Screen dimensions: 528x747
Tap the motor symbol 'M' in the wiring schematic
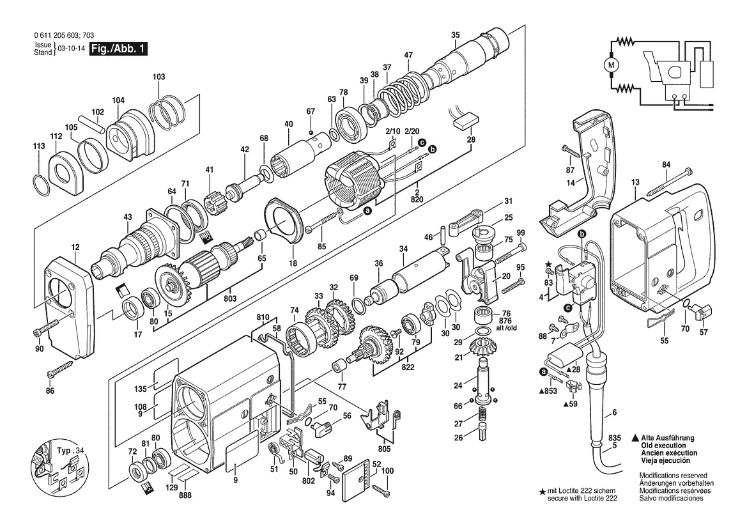612,64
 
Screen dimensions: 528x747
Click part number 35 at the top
455,35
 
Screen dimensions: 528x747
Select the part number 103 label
159,77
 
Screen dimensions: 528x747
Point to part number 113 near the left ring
39,146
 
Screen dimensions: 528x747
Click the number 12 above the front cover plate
75,247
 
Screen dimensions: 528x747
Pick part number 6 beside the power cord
615,412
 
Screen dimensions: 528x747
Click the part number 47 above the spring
408,54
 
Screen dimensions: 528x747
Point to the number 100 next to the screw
387,471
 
